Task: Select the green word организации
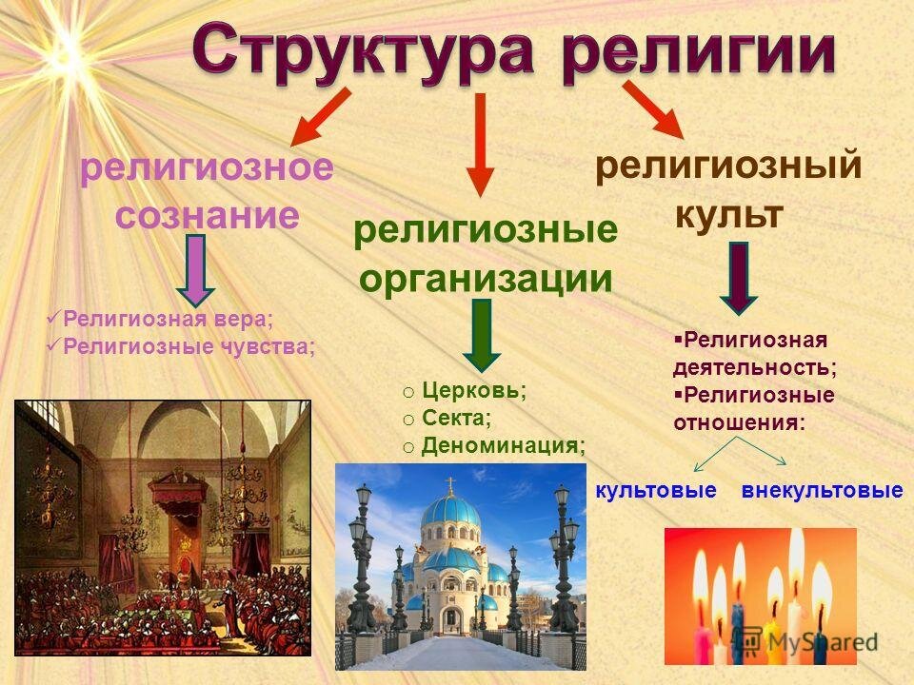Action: pos(487,279)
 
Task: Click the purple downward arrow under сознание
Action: pos(195,270)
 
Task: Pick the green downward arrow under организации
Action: pos(482,336)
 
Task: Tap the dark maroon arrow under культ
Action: pos(739,279)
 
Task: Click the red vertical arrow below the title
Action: pos(480,145)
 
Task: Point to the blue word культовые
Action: pos(656,491)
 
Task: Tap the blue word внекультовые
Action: pos(822,491)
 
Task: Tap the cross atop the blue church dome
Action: pos(450,484)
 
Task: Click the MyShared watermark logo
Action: pos(809,641)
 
